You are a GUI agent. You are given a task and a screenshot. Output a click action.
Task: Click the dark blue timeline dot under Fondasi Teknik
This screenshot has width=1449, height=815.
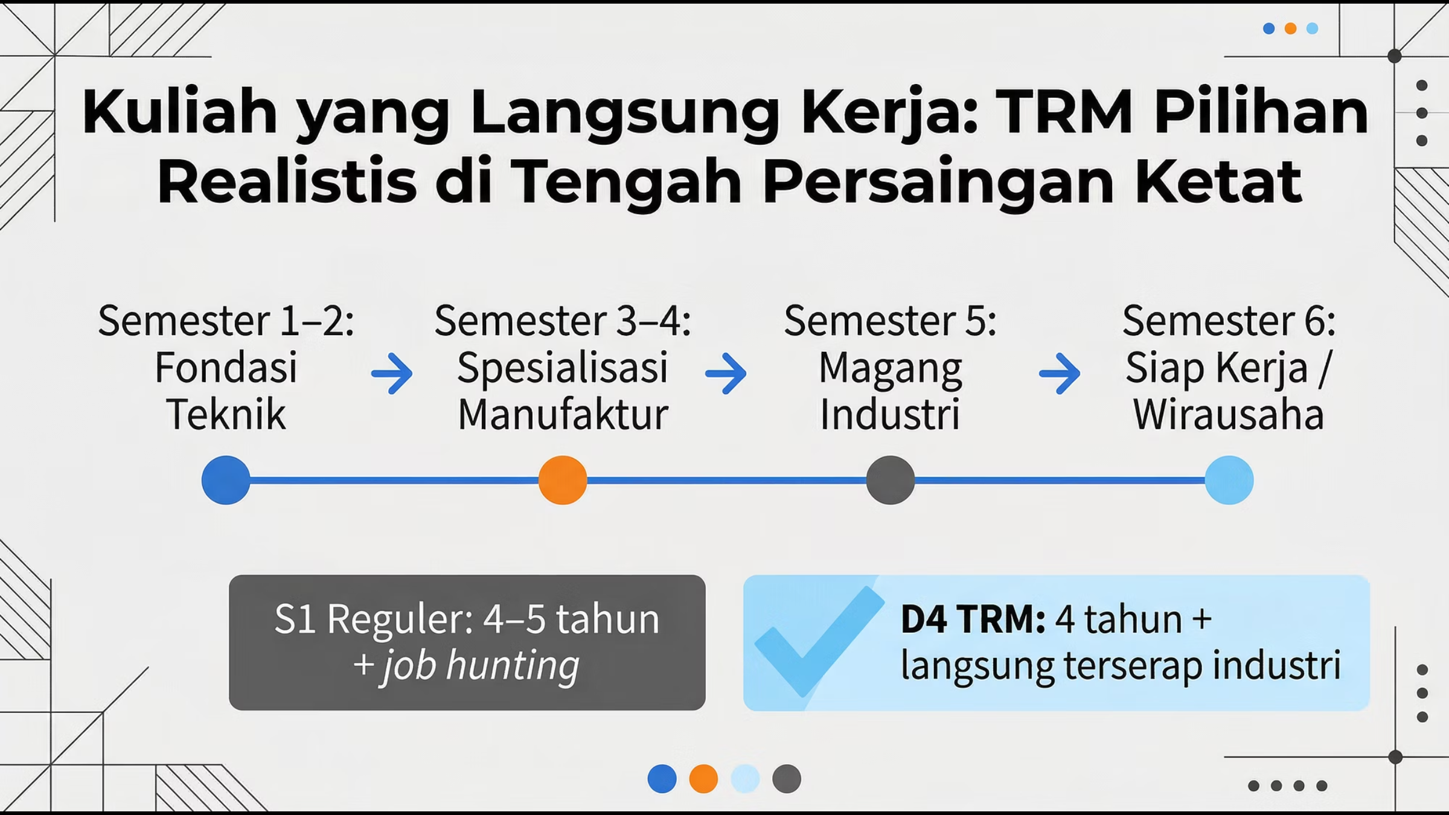[226, 480]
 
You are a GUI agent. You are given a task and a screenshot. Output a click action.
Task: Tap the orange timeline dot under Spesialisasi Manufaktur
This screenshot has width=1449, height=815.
[563, 480]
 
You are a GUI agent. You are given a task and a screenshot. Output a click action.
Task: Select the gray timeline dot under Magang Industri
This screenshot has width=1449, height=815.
[891, 480]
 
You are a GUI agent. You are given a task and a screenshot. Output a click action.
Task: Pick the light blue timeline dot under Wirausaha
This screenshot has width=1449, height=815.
[1229, 480]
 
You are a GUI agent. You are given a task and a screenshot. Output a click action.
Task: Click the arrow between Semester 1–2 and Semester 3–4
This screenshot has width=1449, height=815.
[392, 373]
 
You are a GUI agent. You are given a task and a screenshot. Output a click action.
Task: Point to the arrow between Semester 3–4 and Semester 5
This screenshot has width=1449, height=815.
[726, 373]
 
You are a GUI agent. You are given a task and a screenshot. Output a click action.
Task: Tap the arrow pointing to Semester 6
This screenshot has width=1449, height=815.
[1060, 373]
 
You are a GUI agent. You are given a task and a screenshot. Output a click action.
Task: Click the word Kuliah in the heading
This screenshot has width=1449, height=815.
[180, 112]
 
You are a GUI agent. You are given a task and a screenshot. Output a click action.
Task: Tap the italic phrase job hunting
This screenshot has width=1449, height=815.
[481, 666]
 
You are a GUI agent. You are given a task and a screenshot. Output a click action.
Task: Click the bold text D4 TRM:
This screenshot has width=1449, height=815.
[973, 619]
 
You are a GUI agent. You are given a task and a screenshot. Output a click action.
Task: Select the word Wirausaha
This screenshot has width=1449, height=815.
[1229, 415]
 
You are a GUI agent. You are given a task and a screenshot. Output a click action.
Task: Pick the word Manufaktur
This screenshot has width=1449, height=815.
[563, 415]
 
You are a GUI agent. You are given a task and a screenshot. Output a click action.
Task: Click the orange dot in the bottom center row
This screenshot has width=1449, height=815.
[703, 779]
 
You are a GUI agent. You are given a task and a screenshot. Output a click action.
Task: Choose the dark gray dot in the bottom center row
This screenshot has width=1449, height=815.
[787, 779]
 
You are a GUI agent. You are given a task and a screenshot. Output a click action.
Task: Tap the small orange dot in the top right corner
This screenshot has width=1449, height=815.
[1290, 28]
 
